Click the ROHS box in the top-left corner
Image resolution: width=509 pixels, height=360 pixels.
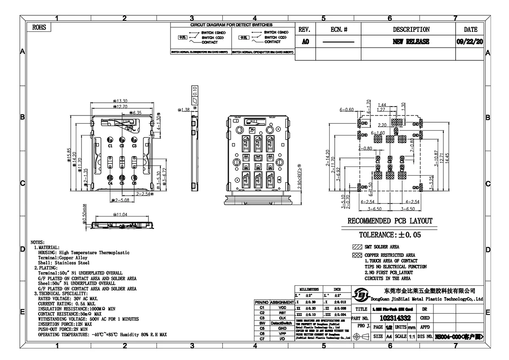39,28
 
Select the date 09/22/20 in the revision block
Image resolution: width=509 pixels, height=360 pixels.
470,42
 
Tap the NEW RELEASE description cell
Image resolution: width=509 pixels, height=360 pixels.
411,42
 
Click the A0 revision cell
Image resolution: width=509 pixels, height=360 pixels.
305,42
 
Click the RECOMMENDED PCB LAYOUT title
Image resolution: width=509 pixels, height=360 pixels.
390,221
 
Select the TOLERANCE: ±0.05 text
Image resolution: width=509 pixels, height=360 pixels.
390,234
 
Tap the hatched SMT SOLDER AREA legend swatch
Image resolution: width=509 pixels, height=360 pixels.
356,247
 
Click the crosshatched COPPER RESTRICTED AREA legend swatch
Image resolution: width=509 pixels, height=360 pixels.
356,255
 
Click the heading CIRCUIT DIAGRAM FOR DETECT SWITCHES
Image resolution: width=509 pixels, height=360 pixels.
231,25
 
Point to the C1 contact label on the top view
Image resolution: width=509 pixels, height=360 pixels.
110,146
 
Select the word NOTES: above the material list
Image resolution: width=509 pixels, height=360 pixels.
41,242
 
